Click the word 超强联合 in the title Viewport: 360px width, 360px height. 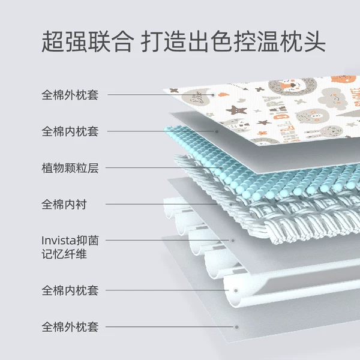coord(88,41)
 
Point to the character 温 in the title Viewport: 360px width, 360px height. coord(268,41)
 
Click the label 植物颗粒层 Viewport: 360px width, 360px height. coord(70,168)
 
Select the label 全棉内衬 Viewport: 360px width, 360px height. coord(64,205)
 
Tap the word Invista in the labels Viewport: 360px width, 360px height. coord(59,241)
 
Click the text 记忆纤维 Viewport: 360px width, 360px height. coord(64,254)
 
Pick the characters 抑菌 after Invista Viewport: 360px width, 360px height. coord(88,241)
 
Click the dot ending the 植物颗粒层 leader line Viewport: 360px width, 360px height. coord(221,168)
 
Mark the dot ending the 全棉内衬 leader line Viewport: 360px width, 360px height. coord(231,204)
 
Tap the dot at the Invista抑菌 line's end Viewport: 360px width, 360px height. coord(233,241)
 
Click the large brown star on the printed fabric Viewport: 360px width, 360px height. coord(236,110)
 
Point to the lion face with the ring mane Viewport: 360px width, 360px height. coord(293,86)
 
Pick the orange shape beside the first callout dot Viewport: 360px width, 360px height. coord(223,94)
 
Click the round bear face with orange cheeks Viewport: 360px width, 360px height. coord(312,116)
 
